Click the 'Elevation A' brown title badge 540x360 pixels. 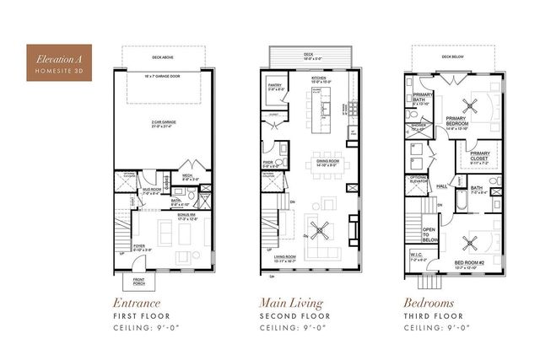(59, 62)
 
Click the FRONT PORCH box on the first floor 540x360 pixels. (137, 281)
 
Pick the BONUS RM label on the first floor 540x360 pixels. (186, 216)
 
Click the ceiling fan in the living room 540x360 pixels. (320, 228)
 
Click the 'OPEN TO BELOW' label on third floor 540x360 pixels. (428, 233)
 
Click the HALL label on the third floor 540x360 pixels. (442, 185)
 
